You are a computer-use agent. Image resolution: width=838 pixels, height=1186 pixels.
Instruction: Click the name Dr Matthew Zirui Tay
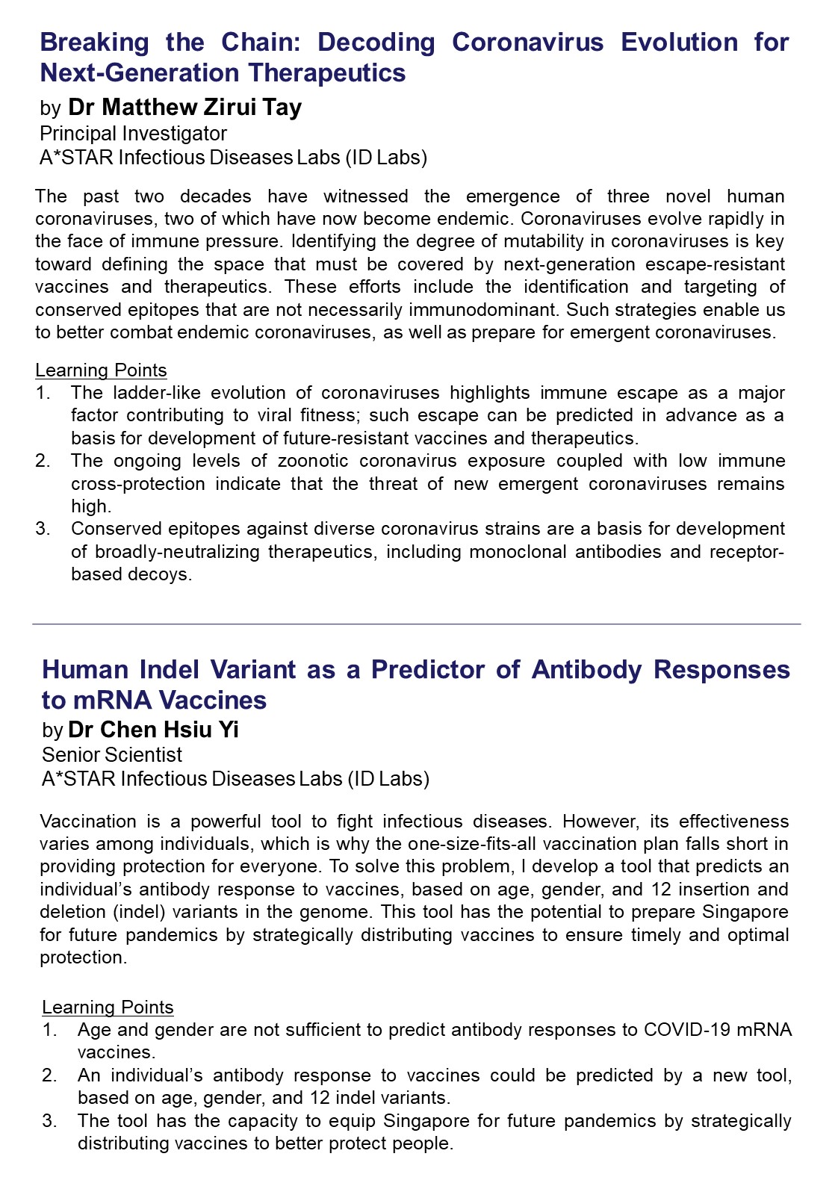coord(184,108)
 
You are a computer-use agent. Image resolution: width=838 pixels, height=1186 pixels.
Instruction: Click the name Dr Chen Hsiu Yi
coord(153,730)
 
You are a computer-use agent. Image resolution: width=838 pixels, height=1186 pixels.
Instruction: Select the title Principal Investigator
coord(133,134)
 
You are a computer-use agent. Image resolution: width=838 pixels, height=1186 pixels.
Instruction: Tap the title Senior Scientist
coord(112,755)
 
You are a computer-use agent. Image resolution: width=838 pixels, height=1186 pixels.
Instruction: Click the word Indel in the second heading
coord(170,670)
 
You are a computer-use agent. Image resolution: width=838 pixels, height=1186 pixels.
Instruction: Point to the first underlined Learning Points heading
coord(101,370)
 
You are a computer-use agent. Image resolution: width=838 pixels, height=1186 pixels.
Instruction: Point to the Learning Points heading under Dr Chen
coord(108,1008)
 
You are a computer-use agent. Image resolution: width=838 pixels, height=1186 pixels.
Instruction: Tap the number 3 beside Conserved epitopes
coord(43,529)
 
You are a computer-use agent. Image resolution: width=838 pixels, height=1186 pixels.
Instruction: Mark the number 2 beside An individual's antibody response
coord(49,1075)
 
